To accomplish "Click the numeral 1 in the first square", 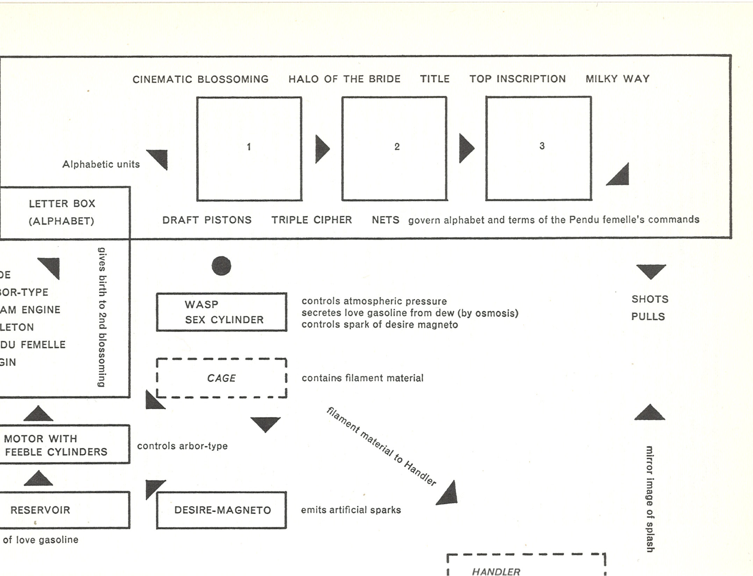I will tap(249, 147).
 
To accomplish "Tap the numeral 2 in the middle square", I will tap(397, 147).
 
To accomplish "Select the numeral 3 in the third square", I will tap(542, 146).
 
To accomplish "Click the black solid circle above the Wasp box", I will tap(221, 266).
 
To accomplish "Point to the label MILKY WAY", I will tap(617, 79).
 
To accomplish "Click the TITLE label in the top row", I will tap(435, 79).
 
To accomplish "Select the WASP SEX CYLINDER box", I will tap(222, 312).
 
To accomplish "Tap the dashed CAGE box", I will tap(222, 378).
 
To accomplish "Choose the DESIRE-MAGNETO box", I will tap(222, 510).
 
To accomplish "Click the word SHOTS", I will tap(650, 299).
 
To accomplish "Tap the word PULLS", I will tap(648, 317).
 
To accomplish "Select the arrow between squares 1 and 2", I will tap(322, 149).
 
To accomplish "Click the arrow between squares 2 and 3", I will tap(466, 148).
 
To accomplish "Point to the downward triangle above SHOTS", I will tap(651, 271).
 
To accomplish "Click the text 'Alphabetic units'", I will tap(101, 164).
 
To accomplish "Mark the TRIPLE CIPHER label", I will tap(311, 220).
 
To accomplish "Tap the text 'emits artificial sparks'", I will tap(351, 510).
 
